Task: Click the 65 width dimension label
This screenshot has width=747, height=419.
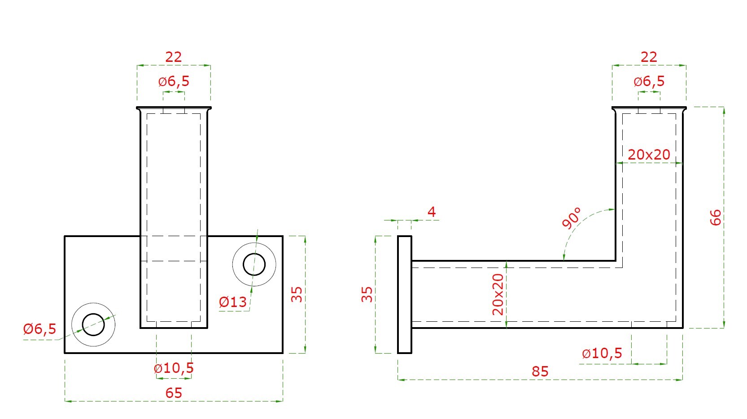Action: pos(174,393)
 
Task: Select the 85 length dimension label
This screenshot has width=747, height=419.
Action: pos(540,371)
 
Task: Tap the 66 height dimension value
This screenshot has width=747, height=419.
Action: pos(716,217)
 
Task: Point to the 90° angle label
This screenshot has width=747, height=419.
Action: pos(571,218)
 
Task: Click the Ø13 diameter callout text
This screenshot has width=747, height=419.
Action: pos(233,302)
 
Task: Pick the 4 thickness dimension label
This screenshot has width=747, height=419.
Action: pos(432,212)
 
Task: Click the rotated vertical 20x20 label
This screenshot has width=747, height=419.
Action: pos(498,294)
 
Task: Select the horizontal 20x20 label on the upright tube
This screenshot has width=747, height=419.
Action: pos(649,155)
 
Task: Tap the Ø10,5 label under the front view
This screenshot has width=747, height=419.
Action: pos(174,368)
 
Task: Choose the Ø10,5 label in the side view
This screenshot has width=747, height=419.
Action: pos(602,353)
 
